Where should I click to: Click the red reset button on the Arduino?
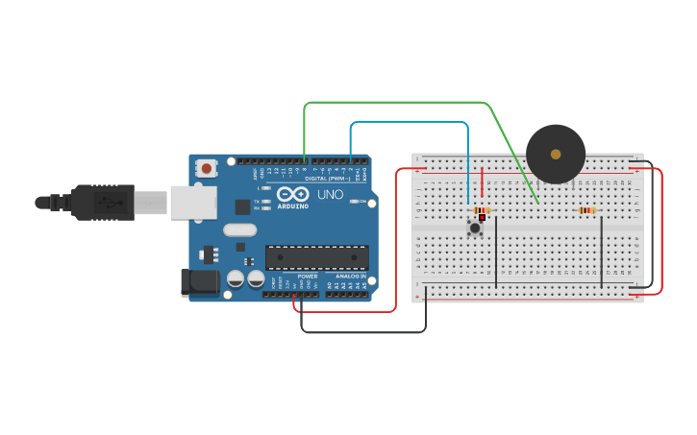[207, 168]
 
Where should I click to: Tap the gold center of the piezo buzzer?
[556, 154]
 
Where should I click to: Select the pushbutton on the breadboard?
[474, 228]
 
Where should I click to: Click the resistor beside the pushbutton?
[482, 210]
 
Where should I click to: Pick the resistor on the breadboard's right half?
[586, 210]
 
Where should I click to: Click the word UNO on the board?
[330, 194]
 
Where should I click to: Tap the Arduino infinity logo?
[292, 194]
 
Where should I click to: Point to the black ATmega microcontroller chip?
[316, 257]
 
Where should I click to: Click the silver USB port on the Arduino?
[193, 203]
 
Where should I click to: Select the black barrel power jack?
[199, 281]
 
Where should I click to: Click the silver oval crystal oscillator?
[239, 230]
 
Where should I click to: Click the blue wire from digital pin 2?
[409, 123]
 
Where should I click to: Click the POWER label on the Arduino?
[307, 276]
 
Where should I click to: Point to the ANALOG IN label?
[349, 276]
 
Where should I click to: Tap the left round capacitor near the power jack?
[236, 278]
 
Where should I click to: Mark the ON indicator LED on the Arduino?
[355, 202]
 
